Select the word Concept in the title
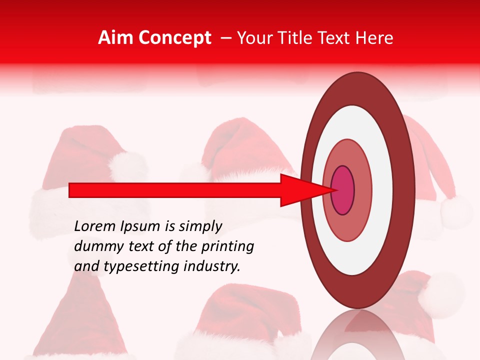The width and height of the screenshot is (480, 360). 174,38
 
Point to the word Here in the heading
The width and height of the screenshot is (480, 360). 374,38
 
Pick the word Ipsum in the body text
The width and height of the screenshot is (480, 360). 142,226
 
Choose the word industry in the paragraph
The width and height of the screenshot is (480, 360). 213,266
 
